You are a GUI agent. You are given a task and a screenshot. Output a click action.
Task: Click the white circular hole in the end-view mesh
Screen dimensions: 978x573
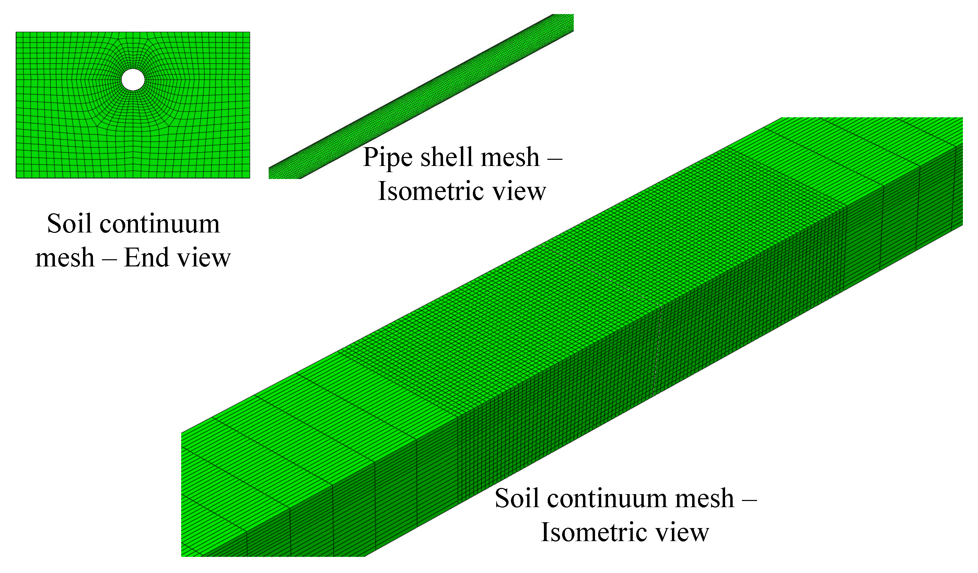click(x=133, y=80)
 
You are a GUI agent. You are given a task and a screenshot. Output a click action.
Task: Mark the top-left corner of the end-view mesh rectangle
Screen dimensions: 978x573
click(x=16, y=32)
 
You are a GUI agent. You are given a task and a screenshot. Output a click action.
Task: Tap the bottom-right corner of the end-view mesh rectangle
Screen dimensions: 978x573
click(x=249, y=178)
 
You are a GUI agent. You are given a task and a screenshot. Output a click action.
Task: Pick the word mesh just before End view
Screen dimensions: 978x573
click(x=65, y=258)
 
